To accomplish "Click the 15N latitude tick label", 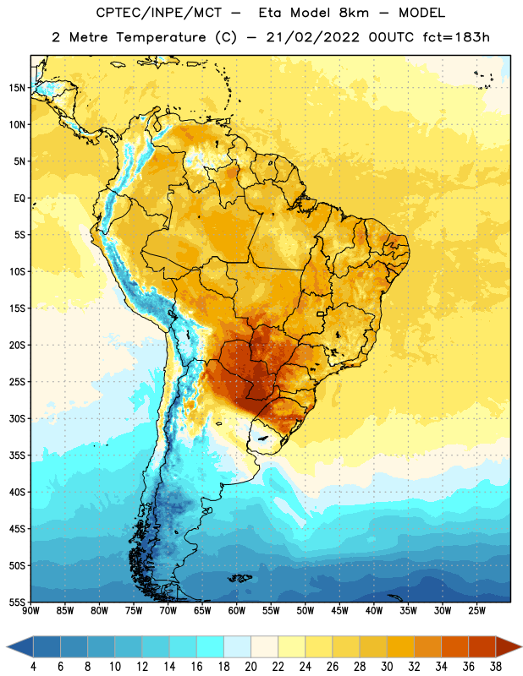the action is (17, 88).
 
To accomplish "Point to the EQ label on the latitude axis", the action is (19, 199).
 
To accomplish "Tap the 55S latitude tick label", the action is (17, 602).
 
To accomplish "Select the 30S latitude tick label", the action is (17, 418).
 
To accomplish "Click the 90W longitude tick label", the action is (30, 611).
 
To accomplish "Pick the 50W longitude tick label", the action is (306, 611).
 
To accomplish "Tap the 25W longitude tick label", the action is (476, 611).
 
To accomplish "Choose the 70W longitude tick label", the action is (168, 611).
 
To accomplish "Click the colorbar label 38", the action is (496, 667).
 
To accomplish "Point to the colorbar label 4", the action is (33, 667).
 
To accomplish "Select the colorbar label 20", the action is (250, 667).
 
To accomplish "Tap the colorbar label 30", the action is (387, 667).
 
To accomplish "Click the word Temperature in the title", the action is (161, 37).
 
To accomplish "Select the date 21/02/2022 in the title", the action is (312, 37).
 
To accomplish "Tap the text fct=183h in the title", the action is (456, 37).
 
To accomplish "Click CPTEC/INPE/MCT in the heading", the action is (158, 13).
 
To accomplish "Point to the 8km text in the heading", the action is (354, 13).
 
